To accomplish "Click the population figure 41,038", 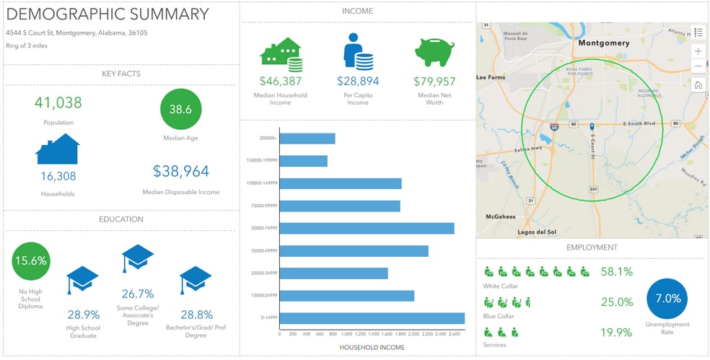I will coord(58,102).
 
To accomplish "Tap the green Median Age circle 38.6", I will coord(180,110).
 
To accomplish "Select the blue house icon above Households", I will coord(58,149).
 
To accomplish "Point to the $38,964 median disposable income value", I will coord(181,171).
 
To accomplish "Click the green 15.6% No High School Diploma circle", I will coord(32,260).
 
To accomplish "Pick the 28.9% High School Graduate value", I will coord(83,315).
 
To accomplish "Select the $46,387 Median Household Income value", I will coord(281,82).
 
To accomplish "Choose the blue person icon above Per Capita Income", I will coord(357,51).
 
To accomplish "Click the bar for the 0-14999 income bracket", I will coord(372,318).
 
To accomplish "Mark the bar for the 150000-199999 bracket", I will coord(303,161).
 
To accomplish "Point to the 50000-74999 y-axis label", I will coord(261,228).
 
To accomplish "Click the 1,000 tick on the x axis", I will coord(346,334).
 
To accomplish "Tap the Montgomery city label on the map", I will coord(603,43).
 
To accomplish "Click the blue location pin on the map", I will coord(591,126).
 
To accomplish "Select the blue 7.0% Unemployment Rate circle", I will coord(667,299).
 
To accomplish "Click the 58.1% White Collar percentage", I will coord(616,272).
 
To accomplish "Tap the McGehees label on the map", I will coord(500,216).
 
